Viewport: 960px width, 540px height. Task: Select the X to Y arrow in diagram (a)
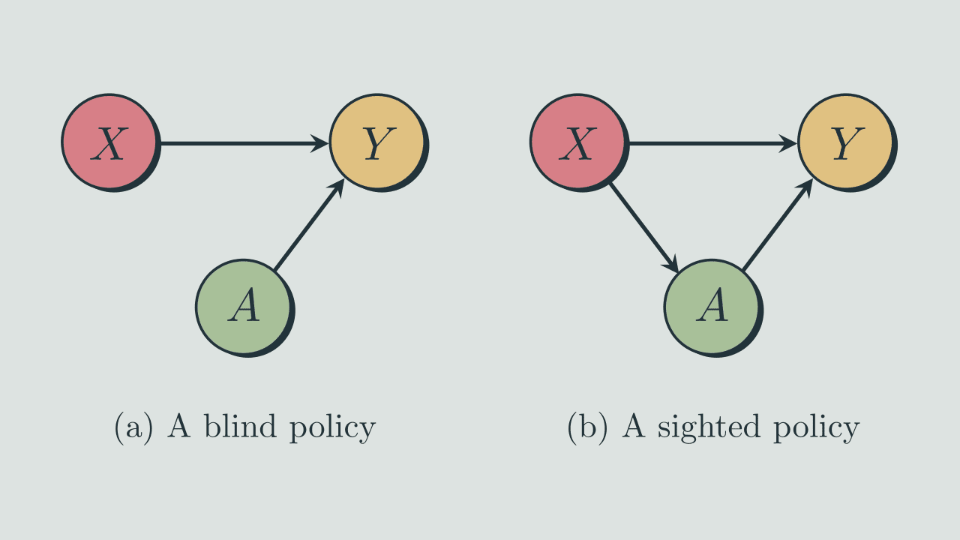click(x=240, y=142)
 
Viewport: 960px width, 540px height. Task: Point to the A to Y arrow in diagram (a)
click(x=307, y=226)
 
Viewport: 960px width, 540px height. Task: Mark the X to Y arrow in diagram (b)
click(x=709, y=142)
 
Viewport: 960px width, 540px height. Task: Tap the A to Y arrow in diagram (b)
click(x=776, y=226)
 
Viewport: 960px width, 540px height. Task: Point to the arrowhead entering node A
click(x=673, y=265)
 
